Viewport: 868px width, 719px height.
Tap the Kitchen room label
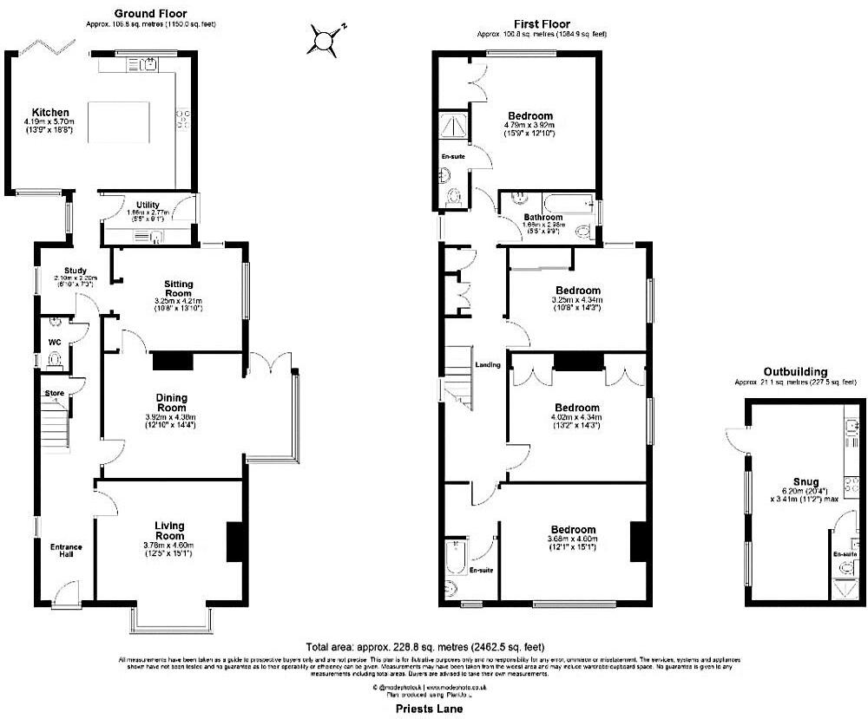(x=50, y=113)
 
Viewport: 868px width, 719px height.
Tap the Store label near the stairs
(x=56, y=394)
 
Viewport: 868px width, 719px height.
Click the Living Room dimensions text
(x=170, y=545)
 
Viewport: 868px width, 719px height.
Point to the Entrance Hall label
(x=66, y=550)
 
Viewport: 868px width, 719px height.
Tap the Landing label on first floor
(x=488, y=365)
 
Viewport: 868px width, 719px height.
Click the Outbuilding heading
(x=795, y=371)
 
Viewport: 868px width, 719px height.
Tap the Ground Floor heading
(x=151, y=14)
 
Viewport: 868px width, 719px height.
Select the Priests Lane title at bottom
(x=425, y=709)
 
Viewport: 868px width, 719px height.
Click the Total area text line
(x=424, y=647)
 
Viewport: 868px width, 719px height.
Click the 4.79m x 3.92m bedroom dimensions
(x=529, y=126)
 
